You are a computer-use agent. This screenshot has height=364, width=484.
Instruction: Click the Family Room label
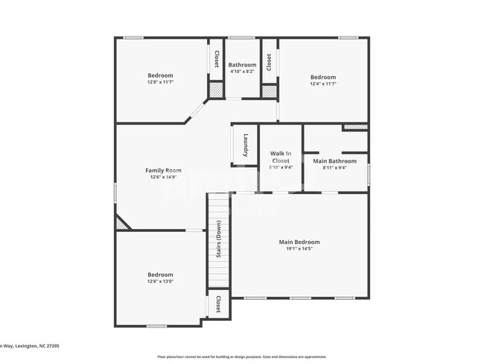click(163, 170)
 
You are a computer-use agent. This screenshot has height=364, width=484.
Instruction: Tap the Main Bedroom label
click(299, 242)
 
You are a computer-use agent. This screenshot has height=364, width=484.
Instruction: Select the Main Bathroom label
click(334, 161)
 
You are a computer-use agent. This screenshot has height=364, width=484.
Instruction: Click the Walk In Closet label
click(281, 157)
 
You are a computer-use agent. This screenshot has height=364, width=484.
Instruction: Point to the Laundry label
click(245, 144)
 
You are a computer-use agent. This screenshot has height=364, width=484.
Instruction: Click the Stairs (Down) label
click(218, 239)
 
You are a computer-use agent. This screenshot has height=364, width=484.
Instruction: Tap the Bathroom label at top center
click(242, 65)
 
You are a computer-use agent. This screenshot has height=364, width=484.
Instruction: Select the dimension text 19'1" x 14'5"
click(299, 249)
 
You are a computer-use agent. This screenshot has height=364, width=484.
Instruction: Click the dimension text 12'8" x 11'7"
click(160, 83)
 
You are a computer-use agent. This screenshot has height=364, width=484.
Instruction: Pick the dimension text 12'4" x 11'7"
click(323, 84)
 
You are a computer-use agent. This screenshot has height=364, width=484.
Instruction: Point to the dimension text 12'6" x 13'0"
click(160, 282)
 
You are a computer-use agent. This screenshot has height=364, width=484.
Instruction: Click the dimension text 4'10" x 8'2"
click(242, 72)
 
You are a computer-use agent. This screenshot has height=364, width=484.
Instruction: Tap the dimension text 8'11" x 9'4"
click(334, 168)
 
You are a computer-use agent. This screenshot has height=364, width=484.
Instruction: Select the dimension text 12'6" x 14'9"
click(163, 178)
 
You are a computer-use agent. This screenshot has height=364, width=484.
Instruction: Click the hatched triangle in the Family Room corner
click(121, 222)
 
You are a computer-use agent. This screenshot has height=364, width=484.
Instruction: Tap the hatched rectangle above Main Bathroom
click(355, 127)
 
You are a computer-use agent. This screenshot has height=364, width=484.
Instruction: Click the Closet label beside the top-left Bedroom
click(217, 59)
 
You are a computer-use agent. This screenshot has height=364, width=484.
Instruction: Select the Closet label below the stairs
click(218, 304)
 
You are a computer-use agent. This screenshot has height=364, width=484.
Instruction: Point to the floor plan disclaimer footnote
click(241, 357)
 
